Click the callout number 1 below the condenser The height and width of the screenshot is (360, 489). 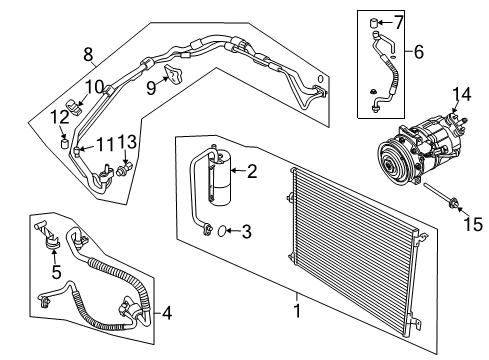297,297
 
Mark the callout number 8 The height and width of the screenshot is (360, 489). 89,53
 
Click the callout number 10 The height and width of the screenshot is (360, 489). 93,88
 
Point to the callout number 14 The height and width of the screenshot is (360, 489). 461,96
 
